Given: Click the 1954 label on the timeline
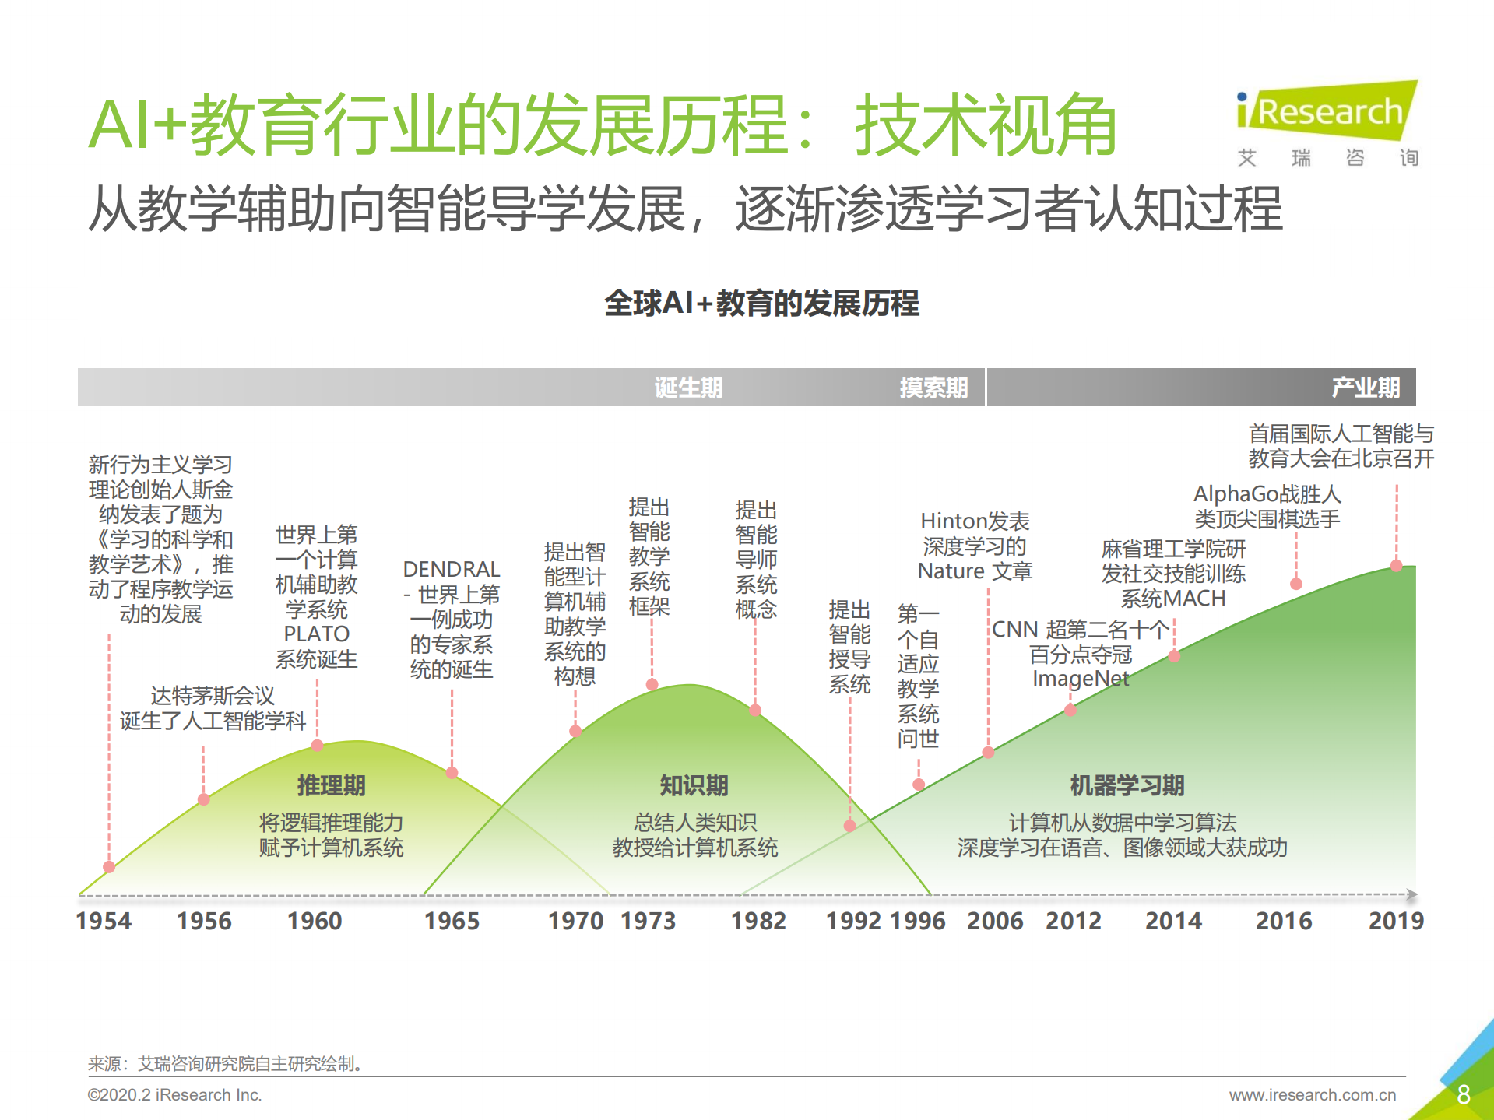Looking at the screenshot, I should tap(104, 921).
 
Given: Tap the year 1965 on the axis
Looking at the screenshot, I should tap(452, 921).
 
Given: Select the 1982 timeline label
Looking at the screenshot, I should tap(758, 921).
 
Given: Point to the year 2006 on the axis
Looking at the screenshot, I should tap(995, 921).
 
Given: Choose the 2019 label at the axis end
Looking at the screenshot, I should tap(1396, 921).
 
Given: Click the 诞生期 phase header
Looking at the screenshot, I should tap(688, 388).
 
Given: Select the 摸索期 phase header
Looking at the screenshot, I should tap(933, 388).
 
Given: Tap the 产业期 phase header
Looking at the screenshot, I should tap(1366, 388).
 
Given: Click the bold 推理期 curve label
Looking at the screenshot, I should tap(331, 785).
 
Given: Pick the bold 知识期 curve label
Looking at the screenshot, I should tap(694, 785).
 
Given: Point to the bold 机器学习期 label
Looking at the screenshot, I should tap(1127, 785).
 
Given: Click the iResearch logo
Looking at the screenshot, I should tap(1328, 113).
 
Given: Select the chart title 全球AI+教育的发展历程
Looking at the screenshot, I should tap(761, 304).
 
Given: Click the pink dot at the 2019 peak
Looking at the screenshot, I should tap(1397, 566).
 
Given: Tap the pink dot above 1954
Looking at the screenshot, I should tap(109, 867).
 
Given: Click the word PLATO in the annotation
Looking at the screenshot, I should tap(316, 634).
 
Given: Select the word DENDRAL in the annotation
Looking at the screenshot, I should tap(452, 569).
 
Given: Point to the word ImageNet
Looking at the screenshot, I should tap(1081, 679).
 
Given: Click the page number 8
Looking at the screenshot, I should tap(1463, 1094).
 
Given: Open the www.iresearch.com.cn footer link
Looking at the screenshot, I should tap(1313, 1095).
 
